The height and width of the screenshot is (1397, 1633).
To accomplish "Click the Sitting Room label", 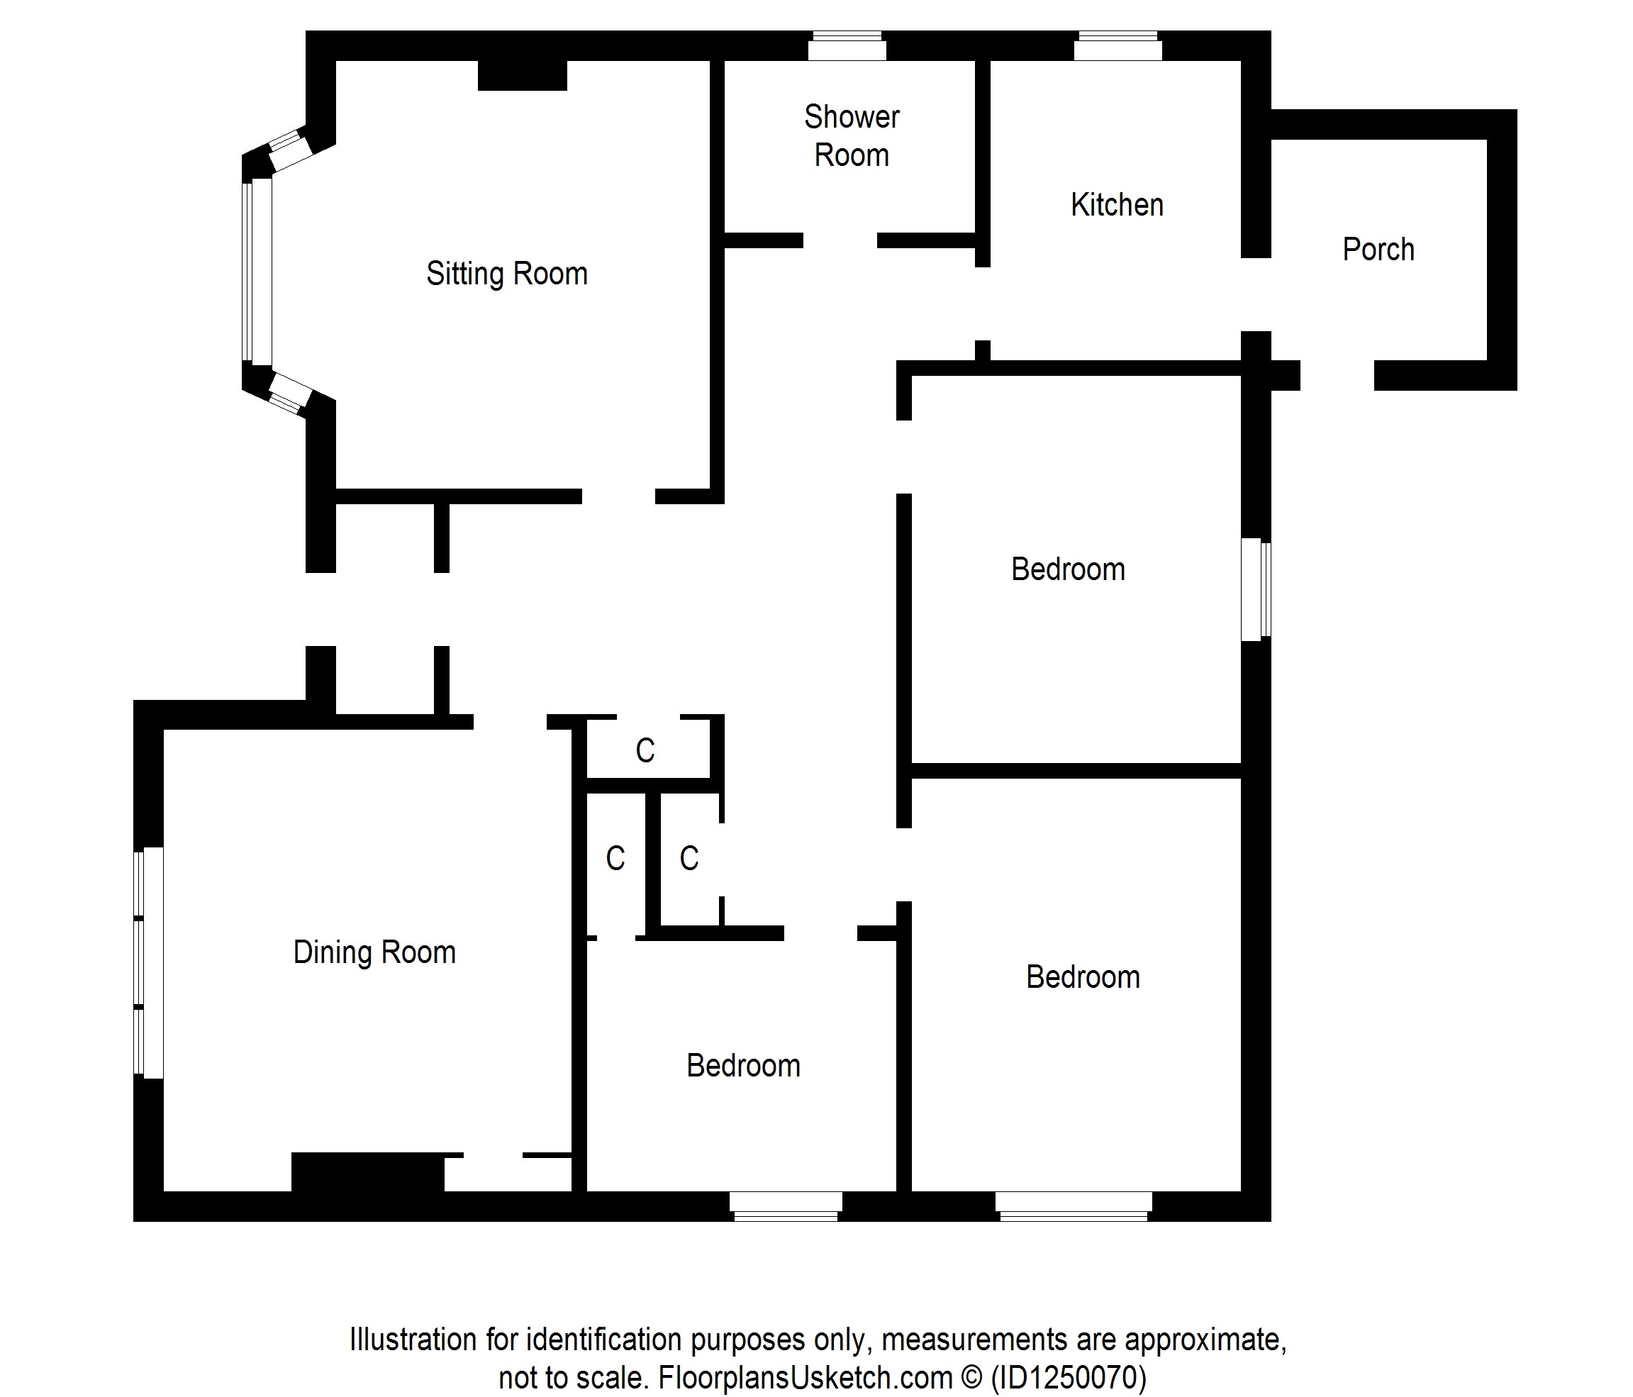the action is pos(507,274).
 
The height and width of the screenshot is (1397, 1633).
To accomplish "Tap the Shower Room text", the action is pos(852,135).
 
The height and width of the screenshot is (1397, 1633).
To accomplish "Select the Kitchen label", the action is pos(1117,205).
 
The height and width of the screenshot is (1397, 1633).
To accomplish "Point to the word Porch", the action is pos(1378,249).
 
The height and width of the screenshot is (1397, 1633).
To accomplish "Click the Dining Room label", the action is pos(374,952).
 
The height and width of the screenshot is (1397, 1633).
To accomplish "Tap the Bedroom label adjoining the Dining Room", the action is pos(743,1066).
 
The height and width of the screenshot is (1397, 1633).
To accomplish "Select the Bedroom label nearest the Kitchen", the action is pos(1068,569).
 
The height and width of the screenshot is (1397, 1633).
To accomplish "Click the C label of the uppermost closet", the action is pos(645,750).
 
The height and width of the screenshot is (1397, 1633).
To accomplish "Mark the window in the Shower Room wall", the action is pos(847,45).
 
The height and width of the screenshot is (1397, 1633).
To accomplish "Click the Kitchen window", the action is pos(1118,45).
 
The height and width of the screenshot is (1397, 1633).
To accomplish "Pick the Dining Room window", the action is pos(148,962).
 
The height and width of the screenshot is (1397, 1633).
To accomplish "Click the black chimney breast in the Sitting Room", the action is pos(523,76).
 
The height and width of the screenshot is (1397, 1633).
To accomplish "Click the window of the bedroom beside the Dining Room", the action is pos(786,1206).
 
